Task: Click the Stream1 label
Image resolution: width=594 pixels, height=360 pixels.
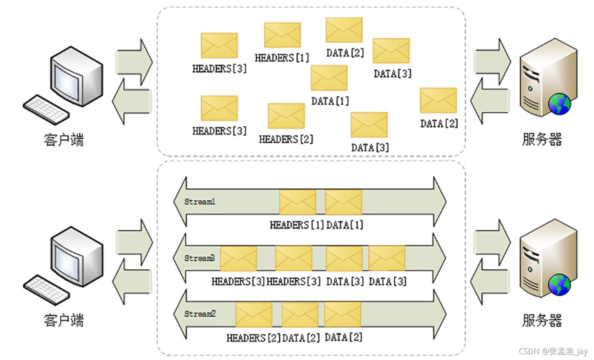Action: pos(200,202)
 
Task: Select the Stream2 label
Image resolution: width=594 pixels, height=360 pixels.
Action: pos(200,314)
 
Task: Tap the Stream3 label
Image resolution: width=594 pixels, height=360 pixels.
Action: pos(200,258)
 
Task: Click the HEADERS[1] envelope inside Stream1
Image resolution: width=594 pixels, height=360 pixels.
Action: pos(298,202)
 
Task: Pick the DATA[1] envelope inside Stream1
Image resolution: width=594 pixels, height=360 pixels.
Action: pos(344,202)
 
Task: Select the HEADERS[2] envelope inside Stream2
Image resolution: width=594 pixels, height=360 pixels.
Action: pos(254,314)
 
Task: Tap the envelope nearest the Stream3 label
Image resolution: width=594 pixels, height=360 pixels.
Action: pos(238,259)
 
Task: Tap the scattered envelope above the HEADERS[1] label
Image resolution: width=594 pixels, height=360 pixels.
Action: pos(282,35)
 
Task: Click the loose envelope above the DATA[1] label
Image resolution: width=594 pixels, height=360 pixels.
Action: pos(329,78)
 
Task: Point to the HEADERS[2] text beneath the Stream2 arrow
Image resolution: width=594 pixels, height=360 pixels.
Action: pos(253,338)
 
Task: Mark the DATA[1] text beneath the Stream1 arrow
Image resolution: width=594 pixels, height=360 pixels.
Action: pos(345,225)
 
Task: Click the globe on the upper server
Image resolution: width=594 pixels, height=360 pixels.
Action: pos(560,104)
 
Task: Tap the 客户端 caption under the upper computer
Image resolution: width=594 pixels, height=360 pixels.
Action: pos(64,140)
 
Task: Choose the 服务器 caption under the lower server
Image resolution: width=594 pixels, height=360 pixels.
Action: pos(542,320)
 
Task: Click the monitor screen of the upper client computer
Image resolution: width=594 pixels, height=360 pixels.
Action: pos(66,79)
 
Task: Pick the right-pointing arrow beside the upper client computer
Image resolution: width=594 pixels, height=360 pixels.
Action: pos(134,62)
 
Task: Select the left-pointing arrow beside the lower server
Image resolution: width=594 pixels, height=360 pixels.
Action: pos(490,281)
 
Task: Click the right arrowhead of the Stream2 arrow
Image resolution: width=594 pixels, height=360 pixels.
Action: pos(440,314)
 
